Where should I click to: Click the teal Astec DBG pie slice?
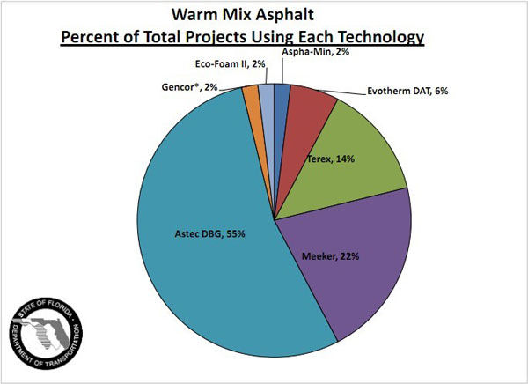pyautogui.click(x=202, y=264)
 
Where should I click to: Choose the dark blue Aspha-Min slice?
pyautogui.click(x=282, y=91)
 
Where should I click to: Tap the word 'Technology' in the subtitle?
pyautogui.click(x=379, y=38)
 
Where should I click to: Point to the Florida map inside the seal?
pyautogui.click(x=44, y=333)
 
